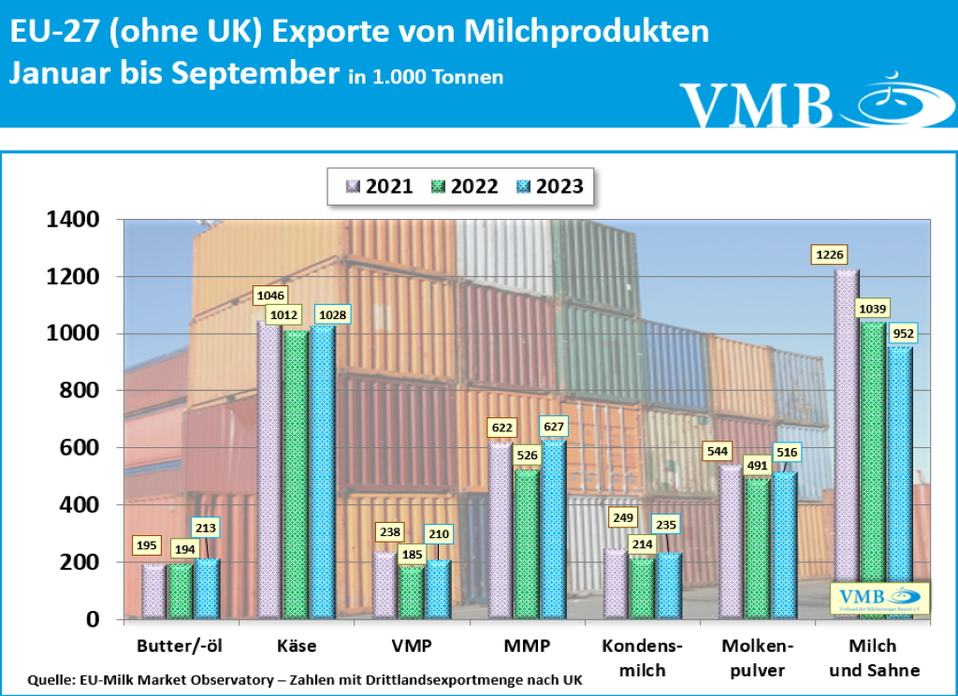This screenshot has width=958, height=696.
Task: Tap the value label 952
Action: [x=905, y=333]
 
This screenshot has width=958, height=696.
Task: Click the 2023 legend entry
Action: [x=549, y=186]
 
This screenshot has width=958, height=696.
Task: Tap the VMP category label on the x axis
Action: [x=412, y=645]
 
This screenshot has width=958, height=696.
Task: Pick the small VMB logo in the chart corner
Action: [x=878, y=598]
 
